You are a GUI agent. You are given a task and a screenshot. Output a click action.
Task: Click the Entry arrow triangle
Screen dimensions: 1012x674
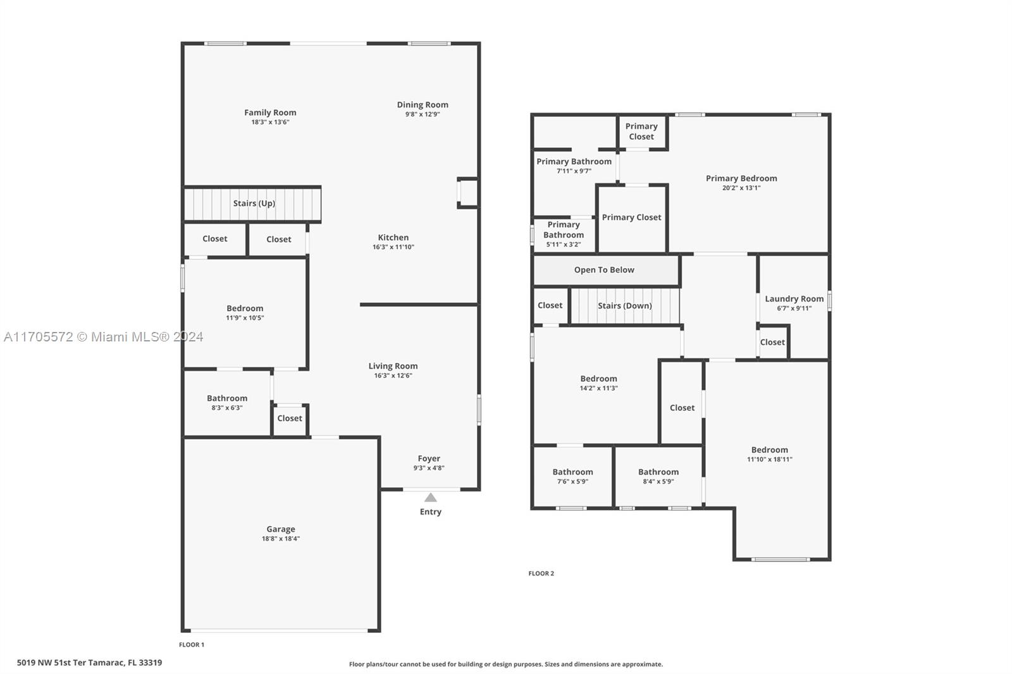coord(431,498)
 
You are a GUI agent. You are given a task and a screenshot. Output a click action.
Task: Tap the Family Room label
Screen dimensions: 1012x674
coord(270,113)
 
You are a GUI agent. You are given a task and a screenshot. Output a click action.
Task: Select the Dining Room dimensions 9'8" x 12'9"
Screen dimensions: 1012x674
coord(423,114)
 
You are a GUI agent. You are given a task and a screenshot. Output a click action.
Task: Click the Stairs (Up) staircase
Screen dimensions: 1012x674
coord(252,204)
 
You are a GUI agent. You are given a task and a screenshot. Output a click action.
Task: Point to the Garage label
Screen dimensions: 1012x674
coord(281,529)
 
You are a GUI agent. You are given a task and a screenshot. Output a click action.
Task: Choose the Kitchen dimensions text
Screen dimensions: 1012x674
coord(393,247)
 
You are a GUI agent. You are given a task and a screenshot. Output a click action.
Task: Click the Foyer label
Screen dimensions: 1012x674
coord(429,458)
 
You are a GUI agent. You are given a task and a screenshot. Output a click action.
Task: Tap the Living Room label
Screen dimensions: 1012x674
coord(393,366)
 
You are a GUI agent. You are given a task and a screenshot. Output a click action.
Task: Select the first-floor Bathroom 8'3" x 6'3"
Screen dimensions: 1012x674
coord(227,403)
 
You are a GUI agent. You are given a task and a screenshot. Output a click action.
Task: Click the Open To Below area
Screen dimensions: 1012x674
coord(606,270)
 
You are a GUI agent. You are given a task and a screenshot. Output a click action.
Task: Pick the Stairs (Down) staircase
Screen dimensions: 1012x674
coord(626,306)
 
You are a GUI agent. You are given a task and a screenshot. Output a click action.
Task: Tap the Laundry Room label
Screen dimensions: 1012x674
coord(794,298)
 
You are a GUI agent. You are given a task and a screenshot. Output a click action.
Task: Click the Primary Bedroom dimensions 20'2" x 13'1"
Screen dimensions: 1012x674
coord(741,188)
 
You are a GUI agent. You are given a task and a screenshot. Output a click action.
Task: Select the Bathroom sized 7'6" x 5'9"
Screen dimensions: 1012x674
coord(572,477)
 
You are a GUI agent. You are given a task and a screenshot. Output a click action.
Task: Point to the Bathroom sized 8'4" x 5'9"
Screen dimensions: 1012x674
coord(658,477)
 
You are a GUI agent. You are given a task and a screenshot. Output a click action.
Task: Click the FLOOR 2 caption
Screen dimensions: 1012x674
coord(541,573)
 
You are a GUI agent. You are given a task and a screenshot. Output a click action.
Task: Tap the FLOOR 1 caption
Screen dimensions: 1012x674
coord(192,645)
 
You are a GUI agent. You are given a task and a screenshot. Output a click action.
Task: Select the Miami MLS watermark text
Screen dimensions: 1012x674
coord(104,337)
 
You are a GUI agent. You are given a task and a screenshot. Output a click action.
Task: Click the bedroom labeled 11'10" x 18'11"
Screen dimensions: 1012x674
coord(769,454)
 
